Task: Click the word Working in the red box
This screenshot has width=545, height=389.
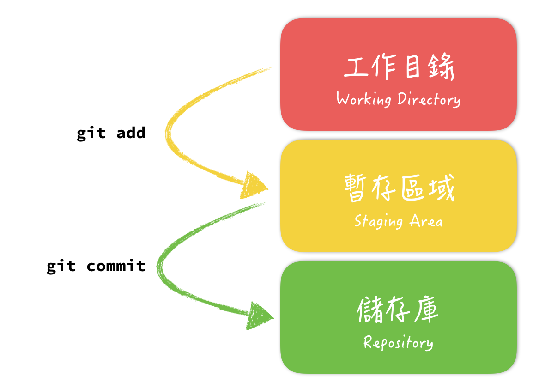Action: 363,99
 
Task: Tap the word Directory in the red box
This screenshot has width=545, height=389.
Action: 429,99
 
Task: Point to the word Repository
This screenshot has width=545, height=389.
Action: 398,343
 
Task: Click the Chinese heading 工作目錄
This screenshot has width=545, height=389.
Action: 399,68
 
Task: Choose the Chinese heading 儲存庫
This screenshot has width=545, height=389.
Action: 398,310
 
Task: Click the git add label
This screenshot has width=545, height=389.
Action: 111,134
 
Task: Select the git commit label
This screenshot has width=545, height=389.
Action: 96,267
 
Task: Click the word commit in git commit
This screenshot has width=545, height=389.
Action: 116,267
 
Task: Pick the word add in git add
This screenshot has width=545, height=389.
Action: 131,133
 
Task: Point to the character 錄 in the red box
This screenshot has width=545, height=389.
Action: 441,68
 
